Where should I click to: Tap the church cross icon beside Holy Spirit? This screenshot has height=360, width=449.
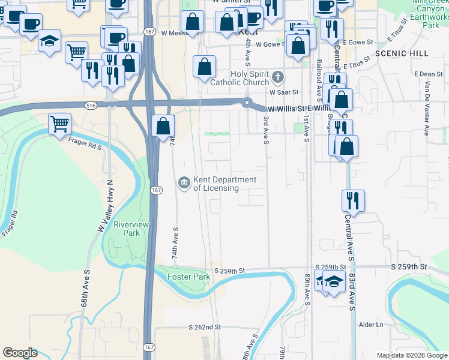click(277, 77)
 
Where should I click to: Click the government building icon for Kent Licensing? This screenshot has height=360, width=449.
click(184, 182)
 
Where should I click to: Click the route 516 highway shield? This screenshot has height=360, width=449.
click(91, 106)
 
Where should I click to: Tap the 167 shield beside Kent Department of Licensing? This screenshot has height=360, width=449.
click(156, 190)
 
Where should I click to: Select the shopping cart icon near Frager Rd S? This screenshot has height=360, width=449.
click(59, 124)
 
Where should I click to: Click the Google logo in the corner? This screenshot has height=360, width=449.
click(20, 353)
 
